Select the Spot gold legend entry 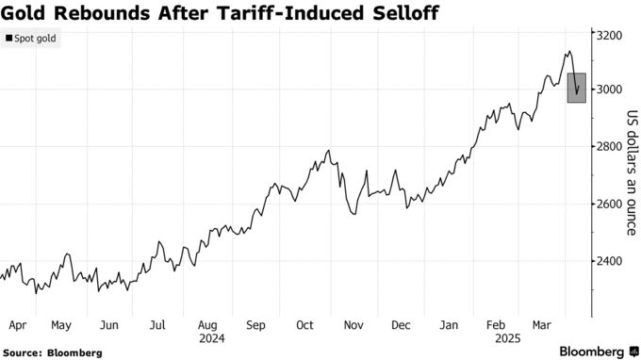tap(31, 39)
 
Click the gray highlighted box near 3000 tap(577, 88)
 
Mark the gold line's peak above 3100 tap(568, 52)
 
